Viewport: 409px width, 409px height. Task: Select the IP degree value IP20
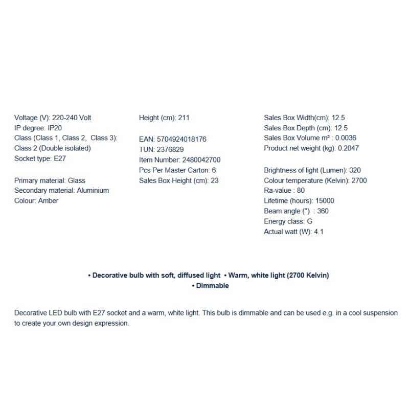click(55, 128)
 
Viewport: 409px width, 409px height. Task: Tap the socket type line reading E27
click(40, 158)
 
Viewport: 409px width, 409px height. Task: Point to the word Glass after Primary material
click(76, 180)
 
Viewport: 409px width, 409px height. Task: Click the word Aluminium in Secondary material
click(93, 190)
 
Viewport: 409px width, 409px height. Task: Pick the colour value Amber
click(48, 200)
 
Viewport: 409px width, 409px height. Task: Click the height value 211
click(184, 118)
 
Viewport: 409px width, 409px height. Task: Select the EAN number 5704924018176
click(181, 139)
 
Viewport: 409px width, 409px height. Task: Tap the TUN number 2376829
click(171, 149)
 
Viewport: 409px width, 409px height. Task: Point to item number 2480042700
click(201, 160)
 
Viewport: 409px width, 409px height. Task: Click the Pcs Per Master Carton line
click(177, 170)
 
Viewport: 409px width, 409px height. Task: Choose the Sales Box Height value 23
click(214, 180)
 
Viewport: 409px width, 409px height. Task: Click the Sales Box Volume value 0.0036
click(345, 138)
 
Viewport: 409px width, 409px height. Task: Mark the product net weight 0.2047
click(348, 148)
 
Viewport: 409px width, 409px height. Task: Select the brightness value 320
click(355, 170)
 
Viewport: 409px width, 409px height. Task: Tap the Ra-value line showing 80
click(284, 191)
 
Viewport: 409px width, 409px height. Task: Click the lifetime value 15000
click(325, 201)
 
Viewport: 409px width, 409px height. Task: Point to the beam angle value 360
click(323, 211)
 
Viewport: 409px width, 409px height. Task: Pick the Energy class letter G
click(310, 221)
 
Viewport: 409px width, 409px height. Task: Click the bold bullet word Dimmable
click(213, 286)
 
